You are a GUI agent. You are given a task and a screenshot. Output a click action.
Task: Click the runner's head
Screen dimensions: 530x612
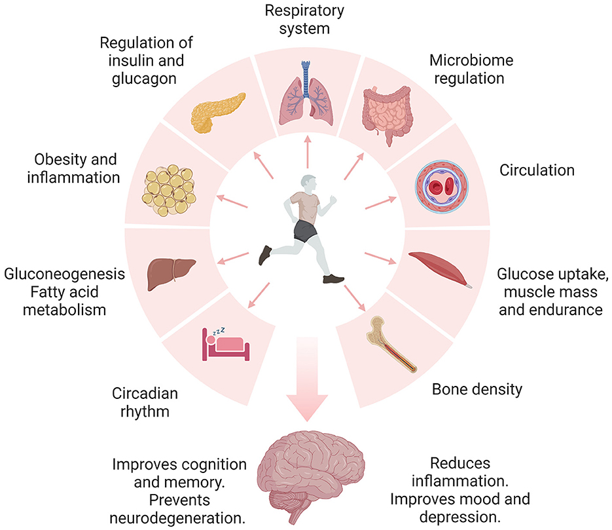[310, 184]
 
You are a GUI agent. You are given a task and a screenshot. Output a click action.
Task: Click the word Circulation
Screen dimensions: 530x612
[537, 171]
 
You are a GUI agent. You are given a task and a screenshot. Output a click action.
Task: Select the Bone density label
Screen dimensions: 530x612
[477, 389]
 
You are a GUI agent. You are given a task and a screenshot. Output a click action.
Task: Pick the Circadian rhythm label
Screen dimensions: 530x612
[144, 403]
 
